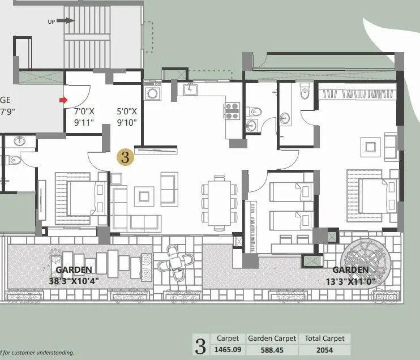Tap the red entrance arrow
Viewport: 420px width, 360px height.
click(62, 101)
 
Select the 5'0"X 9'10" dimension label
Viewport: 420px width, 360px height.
click(126, 117)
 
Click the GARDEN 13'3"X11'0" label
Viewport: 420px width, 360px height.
click(351, 275)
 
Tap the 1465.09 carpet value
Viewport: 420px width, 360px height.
click(228, 349)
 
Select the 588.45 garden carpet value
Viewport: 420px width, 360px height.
click(272, 349)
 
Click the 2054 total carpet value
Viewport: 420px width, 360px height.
click(324, 349)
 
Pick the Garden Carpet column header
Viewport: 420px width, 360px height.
click(272, 338)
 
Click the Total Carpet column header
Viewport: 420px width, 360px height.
click(324, 338)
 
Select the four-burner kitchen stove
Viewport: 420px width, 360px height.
click(233, 110)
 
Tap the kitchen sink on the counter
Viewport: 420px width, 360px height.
click(189, 89)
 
